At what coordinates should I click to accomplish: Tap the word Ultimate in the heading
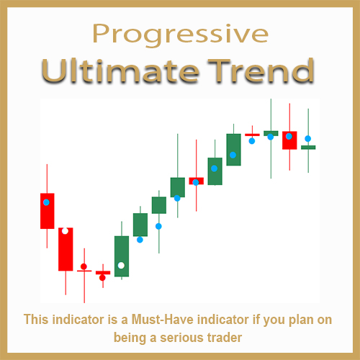pyautogui.click(x=120, y=71)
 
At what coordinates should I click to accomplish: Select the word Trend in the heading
pyautogui.click(x=261, y=71)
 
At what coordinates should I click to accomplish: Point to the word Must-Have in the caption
pyautogui.click(x=163, y=320)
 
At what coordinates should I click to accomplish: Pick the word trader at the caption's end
pyautogui.click(x=225, y=338)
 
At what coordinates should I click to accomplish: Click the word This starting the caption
pyautogui.click(x=36, y=320)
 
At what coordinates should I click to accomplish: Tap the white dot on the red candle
pyautogui.click(x=65, y=231)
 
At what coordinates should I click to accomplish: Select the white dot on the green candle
pyautogui.click(x=121, y=266)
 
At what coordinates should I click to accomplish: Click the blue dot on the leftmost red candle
pyautogui.click(x=46, y=202)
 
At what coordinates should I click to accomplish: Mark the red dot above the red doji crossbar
pyautogui.click(x=84, y=266)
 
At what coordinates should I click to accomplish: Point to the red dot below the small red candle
pyautogui.click(x=102, y=278)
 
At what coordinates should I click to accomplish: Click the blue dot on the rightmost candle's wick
pyautogui.click(x=308, y=138)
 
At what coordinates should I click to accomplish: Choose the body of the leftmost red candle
pyautogui.click(x=48, y=211)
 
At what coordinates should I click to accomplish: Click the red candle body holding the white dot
pyautogui.click(x=66, y=249)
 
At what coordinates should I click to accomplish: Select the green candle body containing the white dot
pyautogui.click(x=122, y=256)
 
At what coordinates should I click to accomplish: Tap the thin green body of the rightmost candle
pyautogui.click(x=308, y=148)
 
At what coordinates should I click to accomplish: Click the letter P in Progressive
pyautogui.click(x=101, y=34)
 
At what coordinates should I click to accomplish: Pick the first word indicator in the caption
pyautogui.click(x=78, y=320)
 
